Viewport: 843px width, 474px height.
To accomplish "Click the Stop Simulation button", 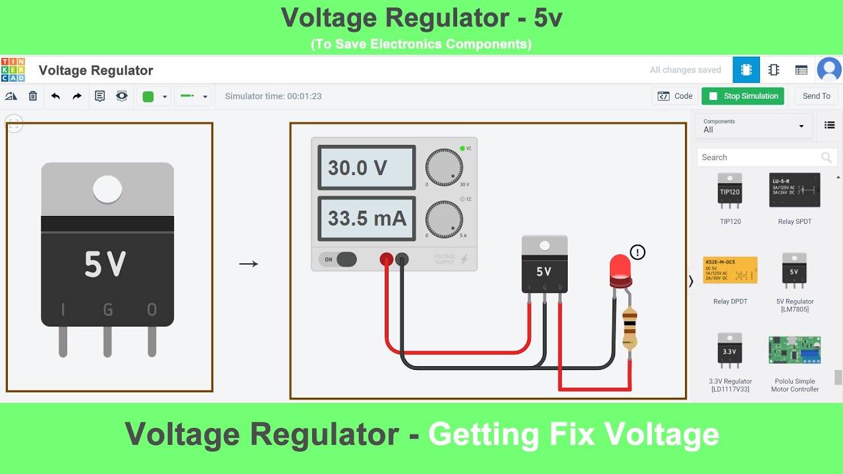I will [743, 96].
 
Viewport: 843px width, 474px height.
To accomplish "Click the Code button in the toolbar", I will [676, 96].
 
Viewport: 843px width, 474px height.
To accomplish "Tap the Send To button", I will [816, 96].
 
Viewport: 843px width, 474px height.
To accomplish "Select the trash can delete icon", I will [33, 96].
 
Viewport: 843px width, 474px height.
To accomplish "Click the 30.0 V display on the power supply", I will [366, 168].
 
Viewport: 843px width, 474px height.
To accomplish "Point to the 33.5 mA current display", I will [366, 218].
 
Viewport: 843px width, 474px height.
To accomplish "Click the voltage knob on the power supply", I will [444, 167].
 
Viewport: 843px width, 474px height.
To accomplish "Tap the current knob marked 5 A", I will [444, 219].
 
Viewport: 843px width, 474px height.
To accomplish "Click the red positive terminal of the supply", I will [387, 259].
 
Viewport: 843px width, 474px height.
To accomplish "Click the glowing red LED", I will [620, 269].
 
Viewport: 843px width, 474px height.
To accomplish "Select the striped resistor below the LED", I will [630, 328].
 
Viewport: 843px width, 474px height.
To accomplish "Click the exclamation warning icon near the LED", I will [638, 252].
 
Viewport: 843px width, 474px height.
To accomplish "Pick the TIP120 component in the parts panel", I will [730, 191].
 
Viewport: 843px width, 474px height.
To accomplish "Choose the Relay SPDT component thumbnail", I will [794, 190].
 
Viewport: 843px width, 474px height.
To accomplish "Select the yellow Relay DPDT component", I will [730, 270].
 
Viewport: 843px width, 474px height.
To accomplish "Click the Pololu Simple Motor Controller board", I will [794, 350].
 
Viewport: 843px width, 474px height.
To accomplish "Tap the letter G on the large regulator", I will [108, 309].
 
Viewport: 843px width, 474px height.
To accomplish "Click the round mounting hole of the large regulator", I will [107, 190].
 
